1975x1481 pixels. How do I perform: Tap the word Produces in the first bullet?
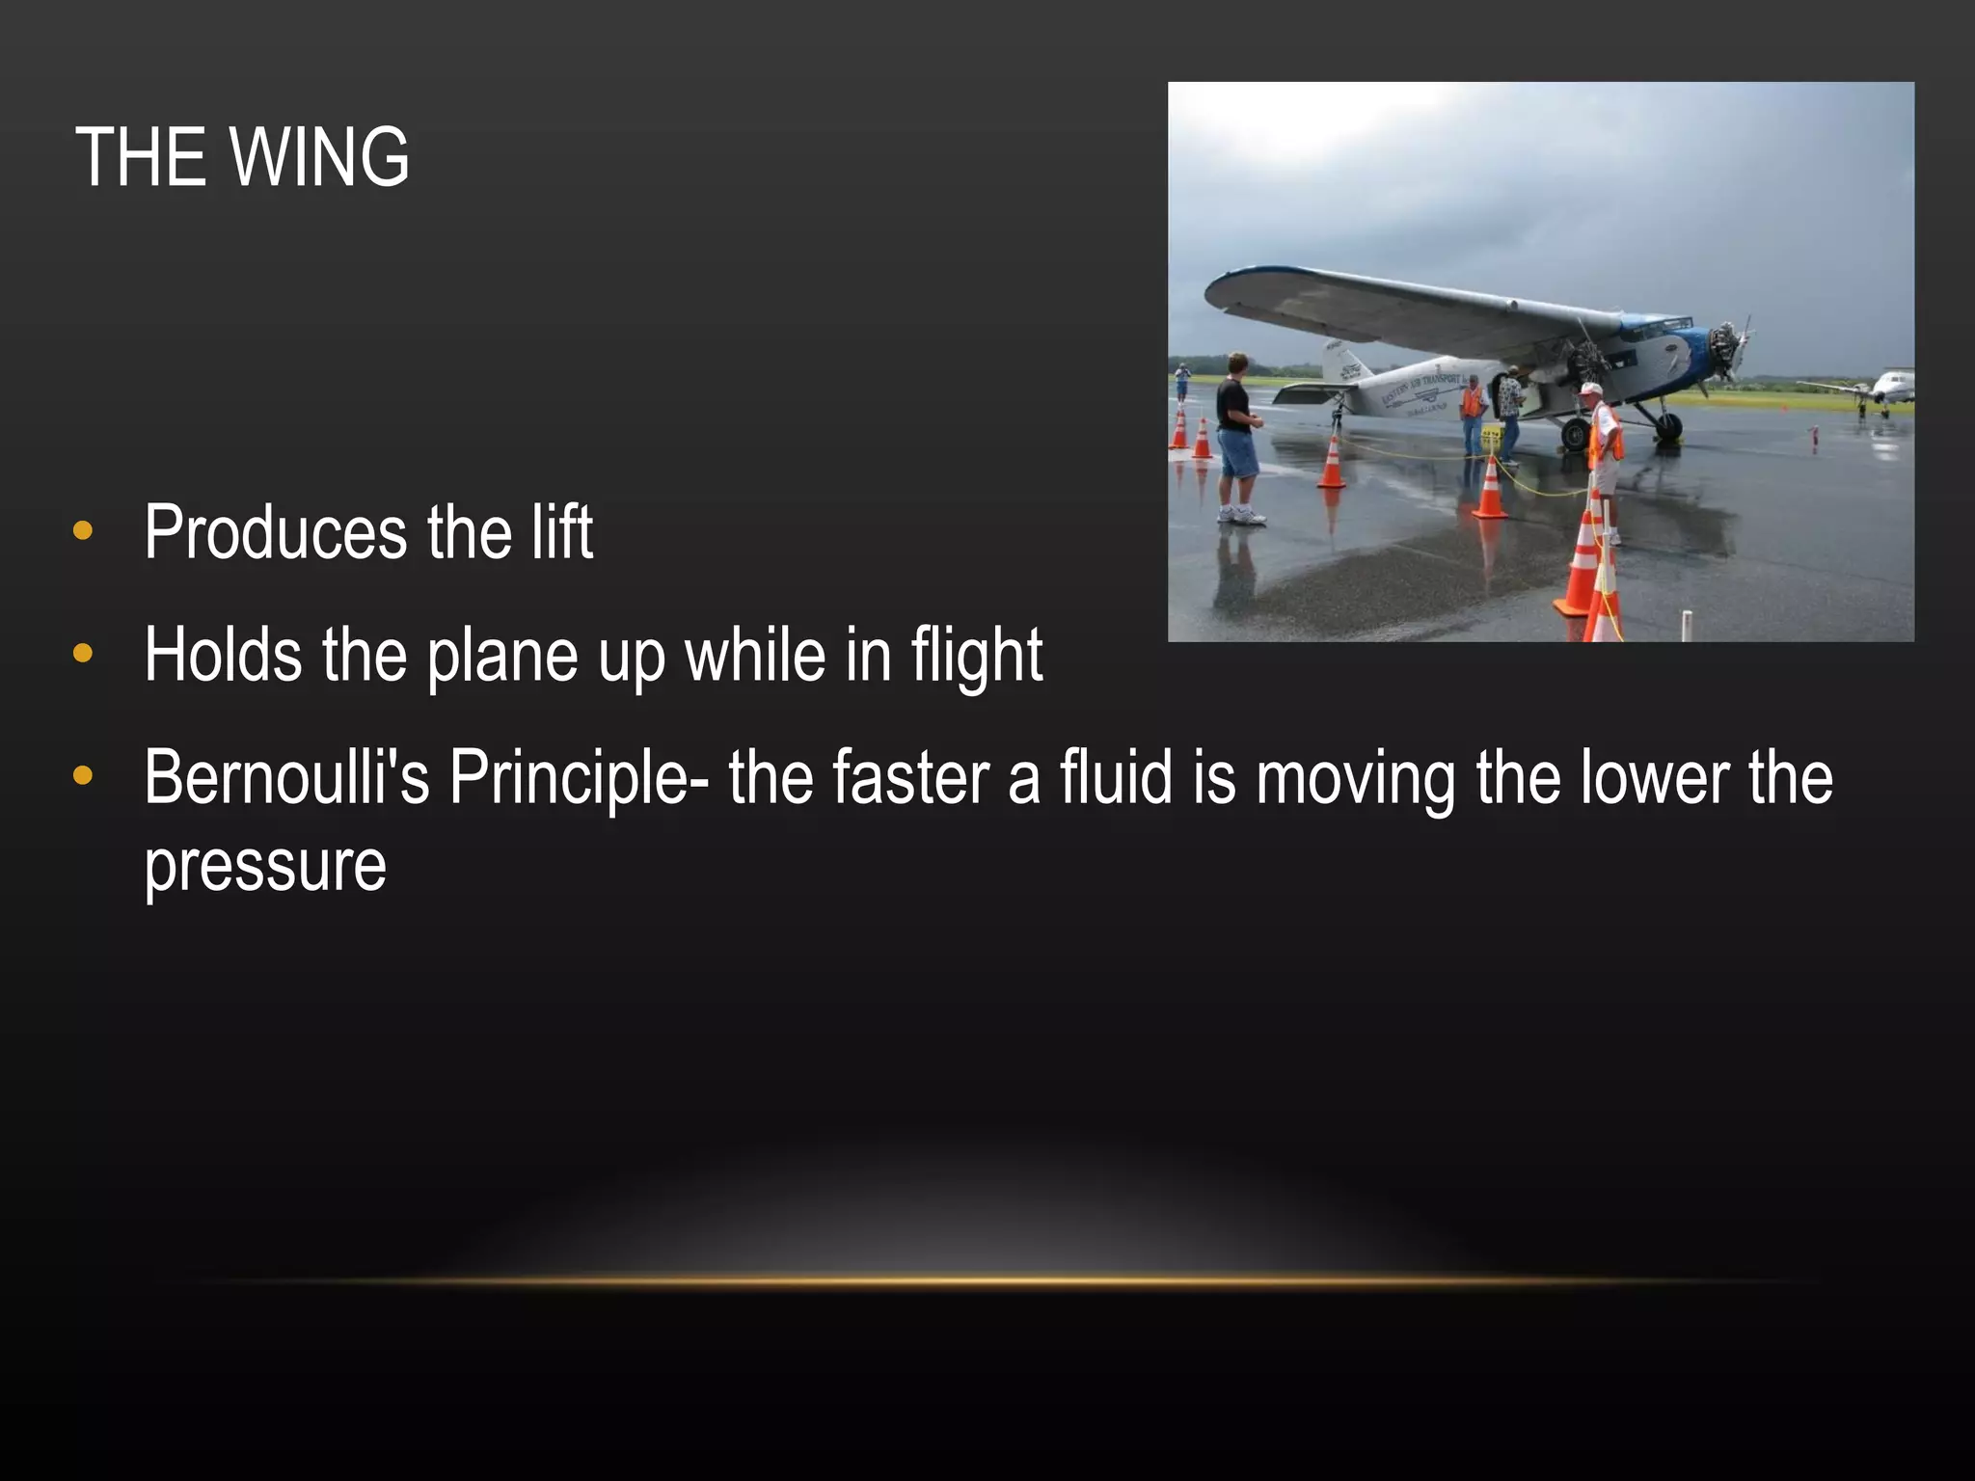click(276, 532)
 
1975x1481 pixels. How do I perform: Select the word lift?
click(561, 532)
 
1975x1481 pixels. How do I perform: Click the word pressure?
click(265, 865)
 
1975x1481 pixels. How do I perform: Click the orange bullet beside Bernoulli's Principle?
click(83, 776)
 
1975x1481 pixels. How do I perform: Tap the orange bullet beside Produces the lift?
click(83, 530)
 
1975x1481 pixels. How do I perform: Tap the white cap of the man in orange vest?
click(1591, 390)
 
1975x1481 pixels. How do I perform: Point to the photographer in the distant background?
click(1182, 380)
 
